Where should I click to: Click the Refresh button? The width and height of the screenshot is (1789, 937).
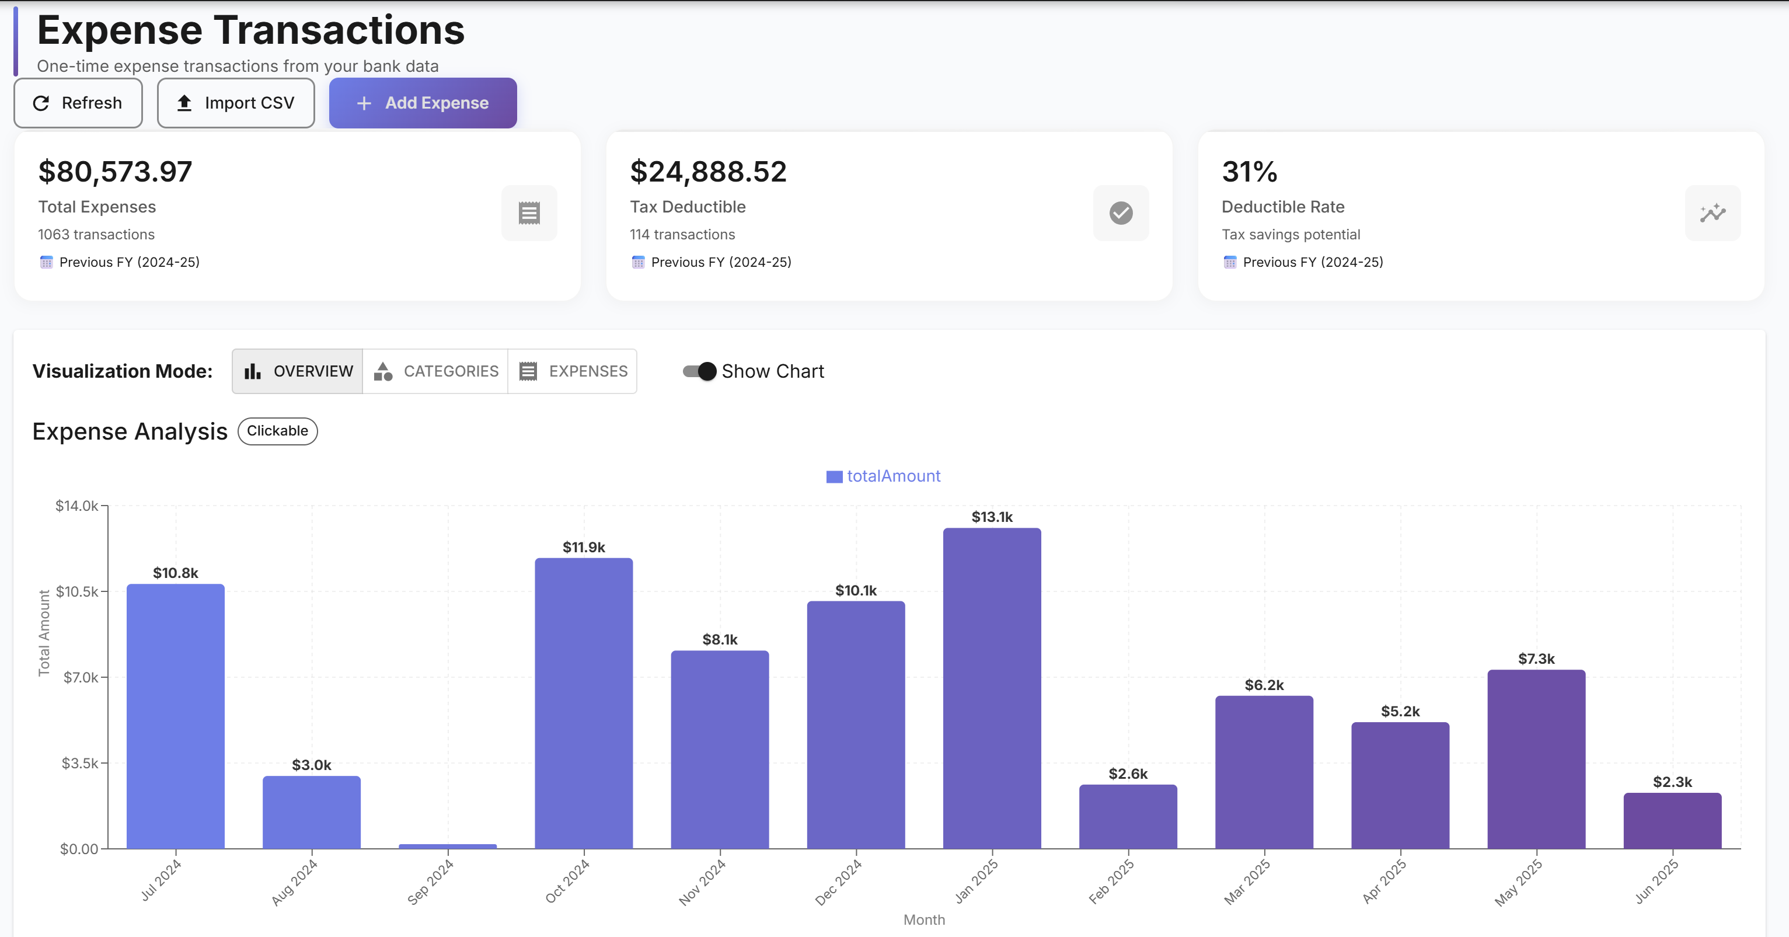tap(78, 103)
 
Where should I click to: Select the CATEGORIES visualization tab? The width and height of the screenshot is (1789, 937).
tap(435, 371)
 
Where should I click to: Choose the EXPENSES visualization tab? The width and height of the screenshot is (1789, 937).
tap(573, 371)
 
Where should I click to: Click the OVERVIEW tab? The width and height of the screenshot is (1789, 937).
tap(298, 371)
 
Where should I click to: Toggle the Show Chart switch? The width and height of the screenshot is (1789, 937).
tap(699, 371)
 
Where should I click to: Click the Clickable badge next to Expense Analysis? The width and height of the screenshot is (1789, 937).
tap(277, 431)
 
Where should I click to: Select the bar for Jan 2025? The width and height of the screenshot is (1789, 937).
tap(992, 688)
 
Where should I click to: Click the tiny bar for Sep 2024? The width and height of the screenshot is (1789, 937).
tap(447, 845)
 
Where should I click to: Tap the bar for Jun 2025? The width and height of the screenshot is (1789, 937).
tap(1672, 820)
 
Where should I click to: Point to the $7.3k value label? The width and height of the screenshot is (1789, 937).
tap(1536, 659)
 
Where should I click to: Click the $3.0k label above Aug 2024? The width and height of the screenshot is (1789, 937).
tap(311, 765)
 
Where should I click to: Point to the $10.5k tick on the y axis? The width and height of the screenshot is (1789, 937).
tap(76, 591)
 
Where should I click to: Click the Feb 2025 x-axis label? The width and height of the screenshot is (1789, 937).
tap(1111, 881)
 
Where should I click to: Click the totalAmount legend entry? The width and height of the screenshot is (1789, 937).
tap(883, 476)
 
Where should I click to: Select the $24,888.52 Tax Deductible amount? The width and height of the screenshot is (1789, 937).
tap(707, 172)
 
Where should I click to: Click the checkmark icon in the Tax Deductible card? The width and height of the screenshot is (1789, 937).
tap(1121, 213)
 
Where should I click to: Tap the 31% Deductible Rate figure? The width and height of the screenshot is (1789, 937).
tap(1249, 172)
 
